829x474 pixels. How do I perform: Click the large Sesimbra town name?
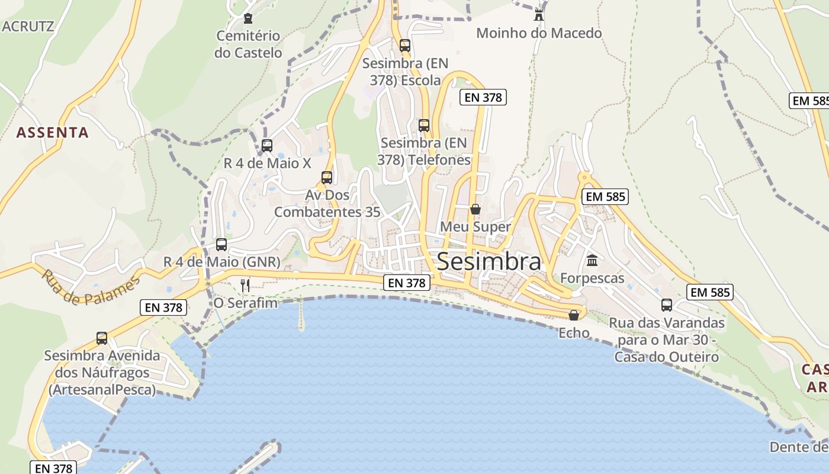click(x=489, y=261)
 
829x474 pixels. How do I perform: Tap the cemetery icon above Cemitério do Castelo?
click(x=248, y=18)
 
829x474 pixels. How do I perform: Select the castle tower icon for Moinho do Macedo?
click(x=538, y=15)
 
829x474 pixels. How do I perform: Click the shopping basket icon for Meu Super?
click(x=475, y=209)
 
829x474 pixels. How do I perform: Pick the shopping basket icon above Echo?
click(x=573, y=315)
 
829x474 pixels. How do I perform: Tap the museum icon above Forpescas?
click(x=592, y=260)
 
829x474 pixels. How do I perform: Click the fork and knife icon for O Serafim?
click(x=245, y=286)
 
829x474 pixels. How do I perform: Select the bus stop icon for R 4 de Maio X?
click(x=267, y=145)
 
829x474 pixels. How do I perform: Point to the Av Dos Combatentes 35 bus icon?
click(x=326, y=177)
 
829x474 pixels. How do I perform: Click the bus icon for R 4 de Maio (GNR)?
click(x=221, y=244)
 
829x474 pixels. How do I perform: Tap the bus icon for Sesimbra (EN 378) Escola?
click(x=405, y=46)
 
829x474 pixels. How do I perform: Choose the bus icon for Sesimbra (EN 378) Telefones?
click(x=424, y=125)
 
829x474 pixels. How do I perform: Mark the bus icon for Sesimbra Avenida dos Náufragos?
click(x=102, y=338)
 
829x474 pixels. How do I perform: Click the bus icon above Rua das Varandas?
click(x=667, y=305)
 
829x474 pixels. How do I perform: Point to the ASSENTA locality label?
click(x=53, y=133)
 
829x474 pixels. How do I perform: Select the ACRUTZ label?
click(x=28, y=26)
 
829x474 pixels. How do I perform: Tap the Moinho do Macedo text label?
click(x=539, y=33)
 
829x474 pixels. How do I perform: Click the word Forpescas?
click(x=592, y=278)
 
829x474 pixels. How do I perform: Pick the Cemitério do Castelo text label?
click(x=248, y=44)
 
